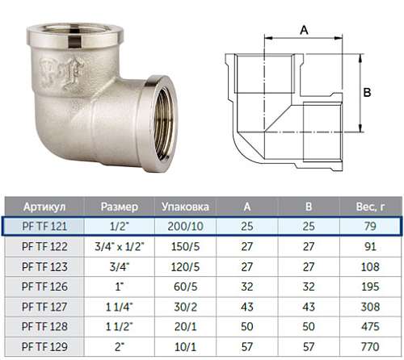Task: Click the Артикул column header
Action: pyautogui.click(x=44, y=207)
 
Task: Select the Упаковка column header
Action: pyautogui.click(x=185, y=207)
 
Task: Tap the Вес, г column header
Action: pyautogui.click(x=370, y=207)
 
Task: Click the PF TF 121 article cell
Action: pyautogui.click(x=44, y=226)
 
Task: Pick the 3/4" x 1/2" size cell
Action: pyautogui.click(x=120, y=246)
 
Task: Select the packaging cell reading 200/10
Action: pyautogui.click(x=185, y=226)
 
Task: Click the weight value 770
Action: pyautogui.click(x=370, y=346)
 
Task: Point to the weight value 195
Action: pyautogui.click(x=370, y=287)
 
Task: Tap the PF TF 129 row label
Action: pyautogui.click(x=44, y=346)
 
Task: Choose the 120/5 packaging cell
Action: pyautogui.click(x=185, y=266)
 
